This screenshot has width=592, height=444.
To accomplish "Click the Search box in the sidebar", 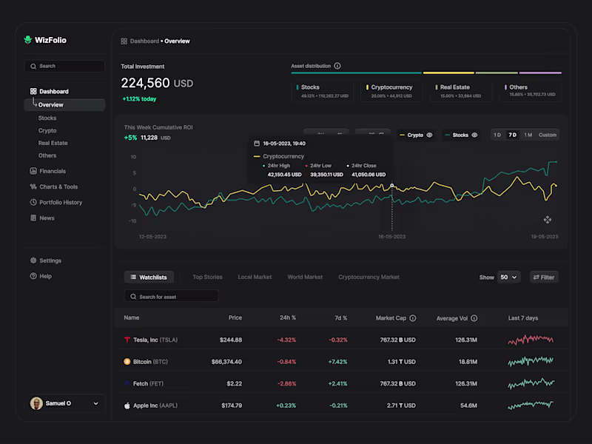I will click(x=64, y=66).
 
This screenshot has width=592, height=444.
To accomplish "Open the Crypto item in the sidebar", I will click(x=47, y=130).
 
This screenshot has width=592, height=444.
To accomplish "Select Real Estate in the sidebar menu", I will click(x=53, y=143).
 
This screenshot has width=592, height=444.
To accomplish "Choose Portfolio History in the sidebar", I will click(x=61, y=202).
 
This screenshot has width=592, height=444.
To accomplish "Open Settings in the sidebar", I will click(x=50, y=260).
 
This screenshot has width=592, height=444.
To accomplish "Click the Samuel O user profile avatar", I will click(x=36, y=403).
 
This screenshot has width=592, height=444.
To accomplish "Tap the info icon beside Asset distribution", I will click(x=337, y=66).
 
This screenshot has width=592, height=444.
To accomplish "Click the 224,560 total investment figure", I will click(x=146, y=83).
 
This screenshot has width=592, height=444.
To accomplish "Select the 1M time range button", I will click(x=528, y=135).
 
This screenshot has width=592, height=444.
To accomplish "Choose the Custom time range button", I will click(x=548, y=135).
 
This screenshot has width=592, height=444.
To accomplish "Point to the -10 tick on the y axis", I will click(x=132, y=221).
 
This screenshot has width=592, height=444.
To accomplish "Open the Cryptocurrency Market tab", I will click(x=369, y=277).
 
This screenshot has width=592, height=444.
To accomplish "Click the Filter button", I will click(x=544, y=277).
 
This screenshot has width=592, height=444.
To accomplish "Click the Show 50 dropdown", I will click(x=509, y=277).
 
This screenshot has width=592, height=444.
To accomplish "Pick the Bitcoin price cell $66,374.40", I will click(x=226, y=362).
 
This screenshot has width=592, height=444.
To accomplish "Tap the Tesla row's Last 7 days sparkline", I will click(x=531, y=340).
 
